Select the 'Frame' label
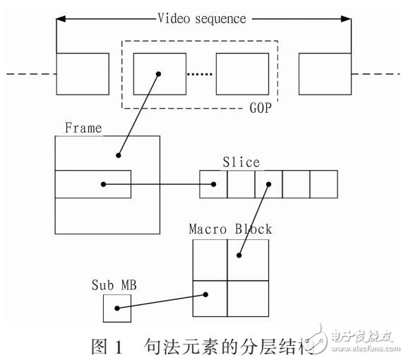[x=83, y=128]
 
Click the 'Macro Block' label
[x=230, y=229]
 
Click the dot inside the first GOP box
[x=160, y=73]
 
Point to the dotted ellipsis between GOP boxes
[x=201, y=74]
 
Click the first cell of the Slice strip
[x=213, y=185]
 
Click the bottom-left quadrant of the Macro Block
[x=210, y=299]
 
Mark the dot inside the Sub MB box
[x=118, y=308]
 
